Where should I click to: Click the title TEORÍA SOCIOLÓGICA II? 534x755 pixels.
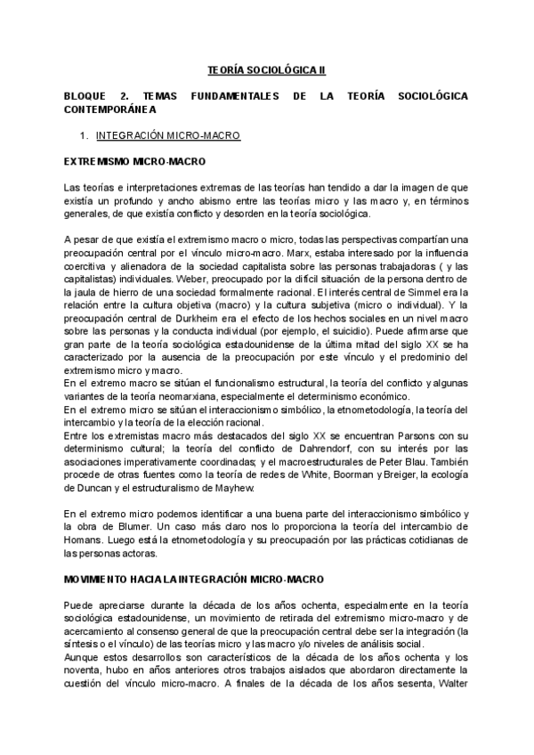[x=267, y=69]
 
